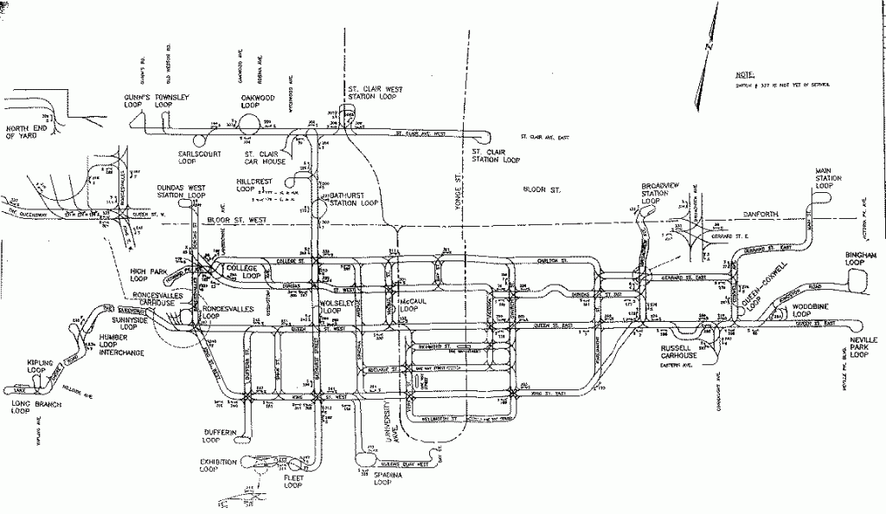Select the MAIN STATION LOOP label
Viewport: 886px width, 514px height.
828,178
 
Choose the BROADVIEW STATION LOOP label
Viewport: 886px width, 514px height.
663,193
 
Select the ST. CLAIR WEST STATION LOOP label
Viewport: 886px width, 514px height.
371,93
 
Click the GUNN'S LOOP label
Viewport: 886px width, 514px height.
137,100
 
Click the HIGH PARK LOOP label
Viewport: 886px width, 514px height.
148,275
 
